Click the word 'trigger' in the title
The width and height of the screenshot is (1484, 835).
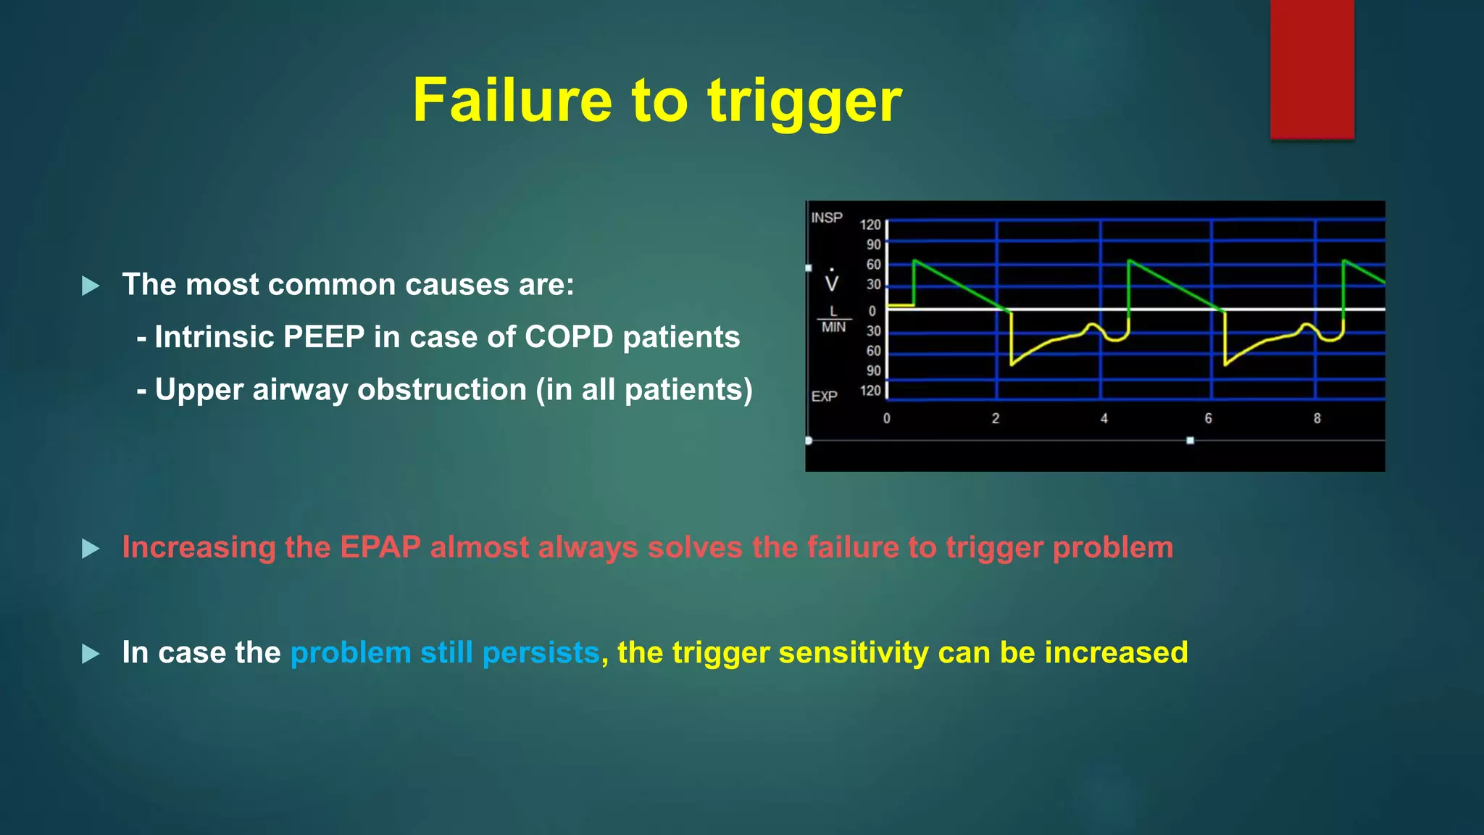[804, 101]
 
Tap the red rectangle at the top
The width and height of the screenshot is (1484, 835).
[1312, 69]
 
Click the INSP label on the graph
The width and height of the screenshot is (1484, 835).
[827, 217]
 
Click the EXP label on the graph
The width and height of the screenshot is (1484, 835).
[825, 396]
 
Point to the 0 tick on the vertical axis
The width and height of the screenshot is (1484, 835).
[872, 311]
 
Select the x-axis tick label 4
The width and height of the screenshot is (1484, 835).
[1104, 418]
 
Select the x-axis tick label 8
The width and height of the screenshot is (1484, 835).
[1317, 418]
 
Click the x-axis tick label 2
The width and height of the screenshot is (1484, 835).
[996, 418]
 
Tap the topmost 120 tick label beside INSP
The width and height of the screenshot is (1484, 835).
[870, 225]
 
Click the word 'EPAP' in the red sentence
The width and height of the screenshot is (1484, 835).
[380, 547]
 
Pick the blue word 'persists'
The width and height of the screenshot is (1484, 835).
[541, 652]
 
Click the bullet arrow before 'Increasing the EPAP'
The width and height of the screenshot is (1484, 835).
[91, 549]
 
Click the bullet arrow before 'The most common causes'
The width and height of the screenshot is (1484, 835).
[91, 286]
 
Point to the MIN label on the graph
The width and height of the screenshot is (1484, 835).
[833, 328]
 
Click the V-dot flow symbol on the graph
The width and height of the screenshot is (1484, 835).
[832, 281]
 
